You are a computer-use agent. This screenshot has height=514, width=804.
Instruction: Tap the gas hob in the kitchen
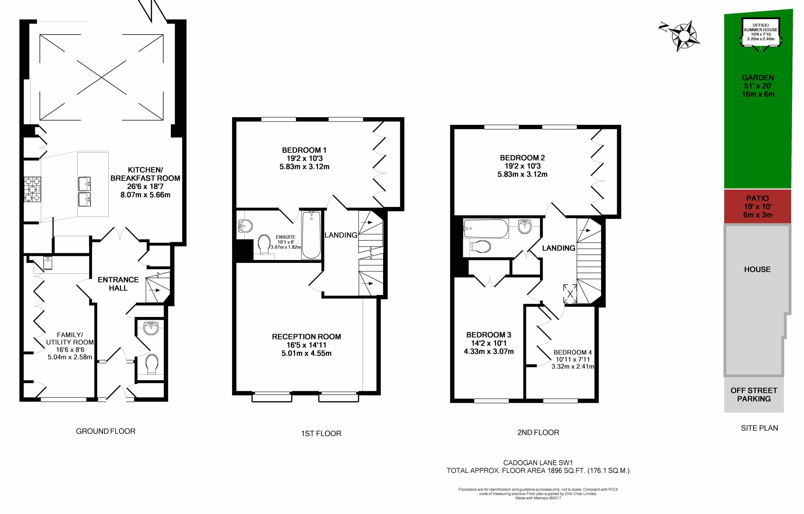(32, 189)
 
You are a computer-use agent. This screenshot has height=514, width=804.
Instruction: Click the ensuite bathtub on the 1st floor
(311, 235)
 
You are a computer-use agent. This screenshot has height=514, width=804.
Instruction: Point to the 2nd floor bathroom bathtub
(486, 228)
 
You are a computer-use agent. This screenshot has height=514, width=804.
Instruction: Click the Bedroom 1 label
(304, 150)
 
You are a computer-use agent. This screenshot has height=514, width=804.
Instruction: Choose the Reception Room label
(307, 337)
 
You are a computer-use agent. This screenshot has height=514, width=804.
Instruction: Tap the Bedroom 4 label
(573, 352)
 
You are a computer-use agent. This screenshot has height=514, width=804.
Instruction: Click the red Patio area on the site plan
(758, 206)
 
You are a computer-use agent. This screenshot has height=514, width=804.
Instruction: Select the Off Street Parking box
(754, 395)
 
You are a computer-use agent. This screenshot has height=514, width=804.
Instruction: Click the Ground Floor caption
(106, 431)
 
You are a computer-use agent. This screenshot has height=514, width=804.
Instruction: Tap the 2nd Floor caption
(538, 433)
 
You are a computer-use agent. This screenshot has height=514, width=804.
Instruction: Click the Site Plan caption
(760, 428)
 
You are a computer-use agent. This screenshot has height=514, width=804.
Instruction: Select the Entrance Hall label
(118, 284)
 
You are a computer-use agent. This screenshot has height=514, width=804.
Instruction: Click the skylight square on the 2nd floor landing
(570, 293)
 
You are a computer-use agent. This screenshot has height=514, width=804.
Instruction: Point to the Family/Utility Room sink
(48, 263)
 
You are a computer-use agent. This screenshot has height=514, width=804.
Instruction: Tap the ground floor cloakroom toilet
(152, 364)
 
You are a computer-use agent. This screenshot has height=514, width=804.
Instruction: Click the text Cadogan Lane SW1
(538, 463)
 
